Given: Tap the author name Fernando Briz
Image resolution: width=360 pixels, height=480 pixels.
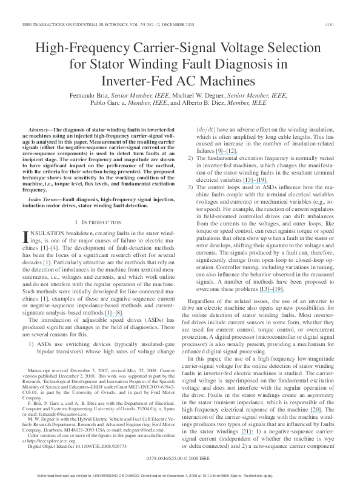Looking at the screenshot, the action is pyautogui.click(x=110, y=95).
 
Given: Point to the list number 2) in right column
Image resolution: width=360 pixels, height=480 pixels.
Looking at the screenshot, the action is pyautogui.click(x=190, y=158).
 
